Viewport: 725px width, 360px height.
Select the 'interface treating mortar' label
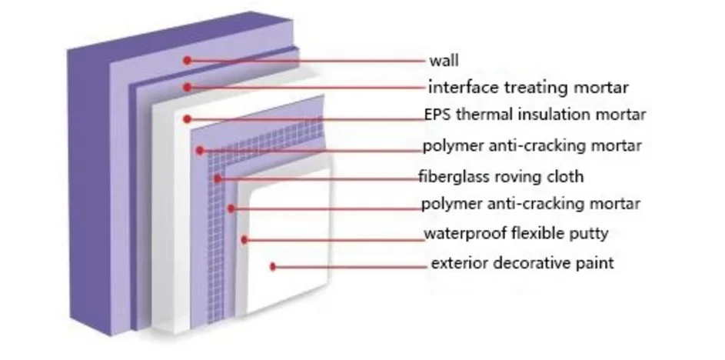(x=528, y=87)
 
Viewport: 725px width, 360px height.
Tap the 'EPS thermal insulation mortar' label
(x=534, y=115)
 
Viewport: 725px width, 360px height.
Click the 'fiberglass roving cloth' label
(x=501, y=177)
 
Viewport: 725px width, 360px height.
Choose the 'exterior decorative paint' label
(x=522, y=264)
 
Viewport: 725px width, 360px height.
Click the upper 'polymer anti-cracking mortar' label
(x=531, y=145)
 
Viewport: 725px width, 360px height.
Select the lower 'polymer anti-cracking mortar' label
(x=530, y=205)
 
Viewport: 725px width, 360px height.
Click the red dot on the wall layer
(x=186, y=59)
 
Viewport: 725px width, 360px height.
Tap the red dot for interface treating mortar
(x=185, y=87)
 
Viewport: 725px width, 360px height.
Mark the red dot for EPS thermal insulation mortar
(x=187, y=119)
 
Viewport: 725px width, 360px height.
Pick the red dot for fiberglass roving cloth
(x=218, y=178)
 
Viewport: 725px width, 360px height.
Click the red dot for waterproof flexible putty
(x=244, y=239)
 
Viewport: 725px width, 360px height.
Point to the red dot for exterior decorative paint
(x=273, y=267)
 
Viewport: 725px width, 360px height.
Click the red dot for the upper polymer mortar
(x=200, y=149)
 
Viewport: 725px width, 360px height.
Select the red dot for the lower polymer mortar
(x=231, y=208)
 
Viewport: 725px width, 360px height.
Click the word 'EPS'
(x=436, y=115)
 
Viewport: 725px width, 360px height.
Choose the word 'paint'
(x=594, y=264)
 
